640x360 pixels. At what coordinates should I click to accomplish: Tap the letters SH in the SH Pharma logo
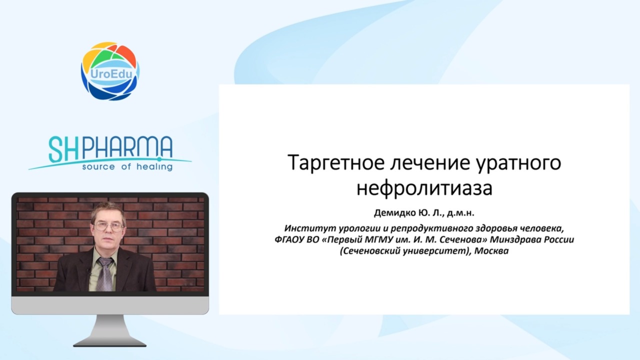pyautogui.click(x=63, y=149)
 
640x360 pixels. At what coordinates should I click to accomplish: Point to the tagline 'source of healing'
pyautogui.click(x=127, y=166)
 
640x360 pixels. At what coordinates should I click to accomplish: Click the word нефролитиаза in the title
pyautogui.click(x=424, y=188)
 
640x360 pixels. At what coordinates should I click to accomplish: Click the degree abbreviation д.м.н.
pyautogui.click(x=460, y=213)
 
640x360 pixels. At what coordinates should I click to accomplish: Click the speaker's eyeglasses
pyautogui.click(x=108, y=226)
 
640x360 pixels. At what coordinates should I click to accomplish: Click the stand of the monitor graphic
pyautogui.click(x=110, y=330)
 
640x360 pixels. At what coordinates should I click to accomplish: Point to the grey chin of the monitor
pyautogui.click(x=110, y=305)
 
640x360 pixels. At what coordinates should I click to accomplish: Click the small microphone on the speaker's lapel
pyautogui.click(x=88, y=271)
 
